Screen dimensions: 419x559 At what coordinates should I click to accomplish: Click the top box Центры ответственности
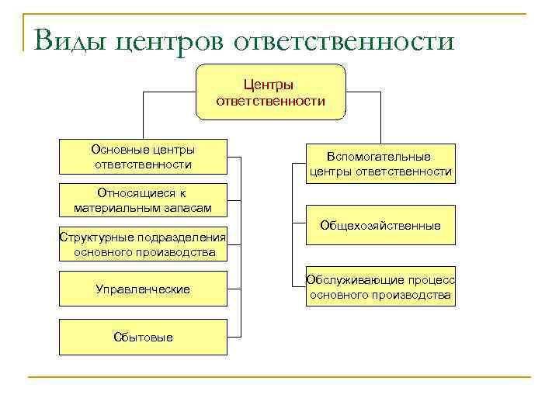click(x=269, y=92)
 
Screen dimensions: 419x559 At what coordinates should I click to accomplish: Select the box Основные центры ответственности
click(x=143, y=157)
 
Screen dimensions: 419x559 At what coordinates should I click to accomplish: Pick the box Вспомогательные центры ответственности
click(x=380, y=164)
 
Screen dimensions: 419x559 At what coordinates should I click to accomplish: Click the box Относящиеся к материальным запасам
click(x=143, y=200)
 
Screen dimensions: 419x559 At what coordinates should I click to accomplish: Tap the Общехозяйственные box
click(x=380, y=226)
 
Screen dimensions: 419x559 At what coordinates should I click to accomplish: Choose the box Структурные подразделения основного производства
click(x=143, y=245)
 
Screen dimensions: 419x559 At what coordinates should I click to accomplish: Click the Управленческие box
click(x=143, y=289)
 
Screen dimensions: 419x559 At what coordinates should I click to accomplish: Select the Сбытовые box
click(x=143, y=337)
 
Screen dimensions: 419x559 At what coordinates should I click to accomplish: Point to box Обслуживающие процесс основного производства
click(x=380, y=288)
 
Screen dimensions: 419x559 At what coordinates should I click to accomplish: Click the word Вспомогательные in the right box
click(x=380, y=157)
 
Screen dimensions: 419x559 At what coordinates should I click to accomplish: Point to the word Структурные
click(x=92, y=237)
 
